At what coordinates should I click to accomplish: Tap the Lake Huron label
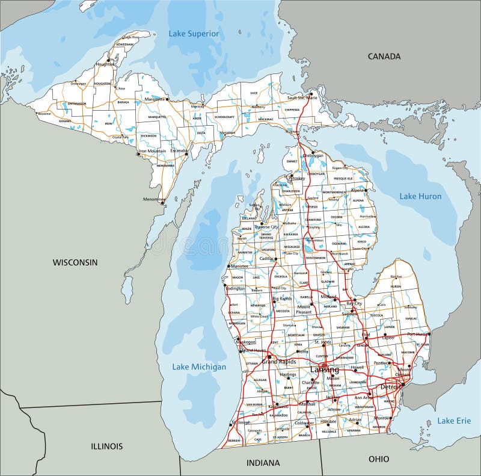coord(420,196)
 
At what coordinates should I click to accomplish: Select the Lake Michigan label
coord(199,366)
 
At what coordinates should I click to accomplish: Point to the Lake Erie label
coord(454,421)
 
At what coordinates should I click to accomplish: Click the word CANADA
coord(384,56)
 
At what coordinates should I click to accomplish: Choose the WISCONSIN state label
coord(75,262)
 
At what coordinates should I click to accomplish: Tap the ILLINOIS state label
coord(108,446)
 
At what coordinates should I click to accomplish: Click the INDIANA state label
coord(263,463)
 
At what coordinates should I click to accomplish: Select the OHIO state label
coord(379,459)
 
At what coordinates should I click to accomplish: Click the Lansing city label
coord(324,369)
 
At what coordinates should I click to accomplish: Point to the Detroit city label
coord(390,386)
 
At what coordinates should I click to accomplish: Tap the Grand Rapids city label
coord(278,362)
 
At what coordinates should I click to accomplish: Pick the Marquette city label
coord(154,99)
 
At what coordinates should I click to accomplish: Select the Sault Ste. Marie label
coord(302,97)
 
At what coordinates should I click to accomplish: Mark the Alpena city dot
coord(366,191)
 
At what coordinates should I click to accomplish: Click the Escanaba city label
coord(178,150)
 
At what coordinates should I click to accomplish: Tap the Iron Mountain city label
coord(153,151)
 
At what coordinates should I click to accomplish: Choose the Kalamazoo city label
coord(278,407)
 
